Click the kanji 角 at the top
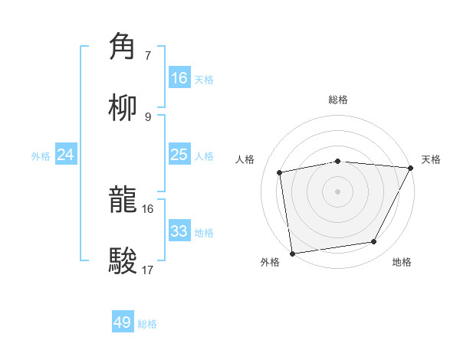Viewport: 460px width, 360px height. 125,47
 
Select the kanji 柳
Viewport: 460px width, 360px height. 125,108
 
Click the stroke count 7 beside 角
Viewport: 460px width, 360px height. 147,56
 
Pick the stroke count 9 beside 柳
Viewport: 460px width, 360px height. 147,116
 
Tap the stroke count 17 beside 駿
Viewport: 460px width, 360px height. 147,270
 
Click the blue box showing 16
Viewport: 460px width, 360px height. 179,78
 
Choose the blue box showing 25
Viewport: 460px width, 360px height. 179,155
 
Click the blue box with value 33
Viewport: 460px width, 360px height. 179,231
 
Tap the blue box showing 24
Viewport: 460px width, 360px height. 66,155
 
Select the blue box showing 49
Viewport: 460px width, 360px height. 123,322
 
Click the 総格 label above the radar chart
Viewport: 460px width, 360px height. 338,100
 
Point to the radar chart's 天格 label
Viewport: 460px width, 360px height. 431,159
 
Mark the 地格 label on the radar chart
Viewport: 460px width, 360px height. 402,263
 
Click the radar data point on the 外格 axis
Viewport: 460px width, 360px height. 292,253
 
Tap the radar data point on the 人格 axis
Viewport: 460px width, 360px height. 279,172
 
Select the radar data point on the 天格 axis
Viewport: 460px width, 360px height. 411,167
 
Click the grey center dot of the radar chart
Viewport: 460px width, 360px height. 338,191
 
